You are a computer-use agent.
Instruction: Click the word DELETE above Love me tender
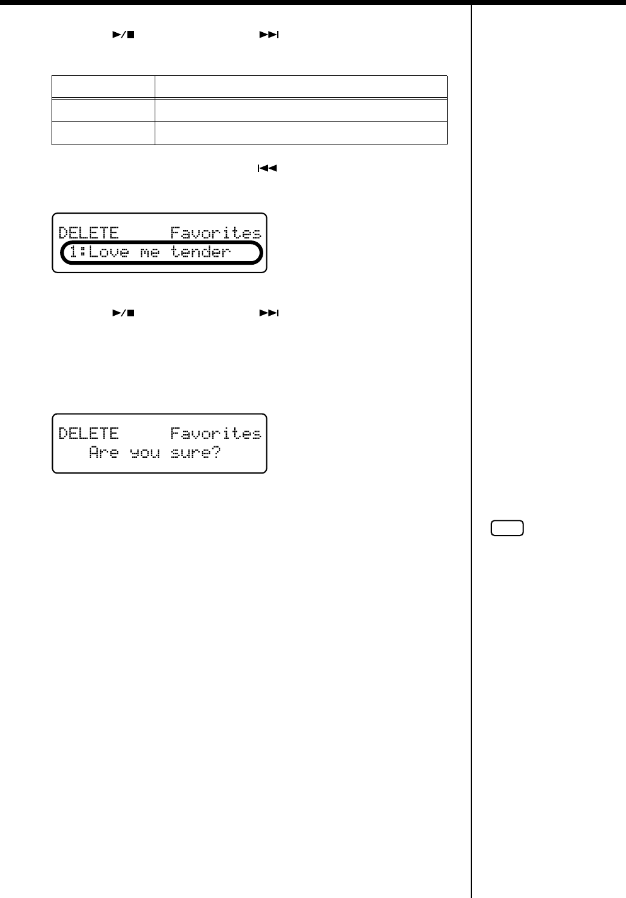coord(89,233)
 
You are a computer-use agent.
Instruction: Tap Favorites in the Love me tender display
coord(215,233)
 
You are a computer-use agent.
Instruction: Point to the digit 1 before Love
coord(73,252)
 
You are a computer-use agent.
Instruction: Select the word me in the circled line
coord(149,252)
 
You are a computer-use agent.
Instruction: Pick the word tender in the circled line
coord(200,252)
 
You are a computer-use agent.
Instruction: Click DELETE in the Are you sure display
coord(89,434)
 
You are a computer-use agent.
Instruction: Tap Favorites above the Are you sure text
coord(215,434)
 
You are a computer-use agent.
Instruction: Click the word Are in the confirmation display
coord(104,452)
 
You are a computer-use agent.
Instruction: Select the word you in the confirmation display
coord(144,453)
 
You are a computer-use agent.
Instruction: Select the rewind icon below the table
coord(267,169)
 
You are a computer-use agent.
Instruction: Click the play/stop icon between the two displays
coord(123,313)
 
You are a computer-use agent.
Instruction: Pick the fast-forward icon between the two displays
coord(269,313)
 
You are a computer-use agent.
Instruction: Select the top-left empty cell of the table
coord(103,87)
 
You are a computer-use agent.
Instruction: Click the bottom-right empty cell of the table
coord(301,133)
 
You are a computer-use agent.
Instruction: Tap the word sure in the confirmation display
coord(190,453)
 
